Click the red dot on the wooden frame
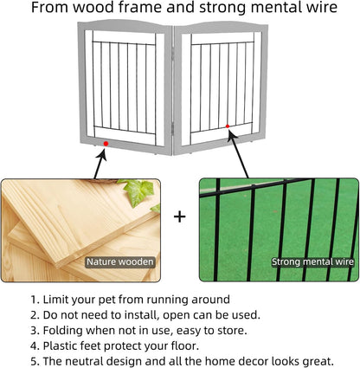click(106, 144)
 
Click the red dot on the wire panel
click(228, 126)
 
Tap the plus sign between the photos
click(180, 216)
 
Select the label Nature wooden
click(120, 261)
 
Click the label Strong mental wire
click(312, 261)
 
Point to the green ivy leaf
click(138, 191)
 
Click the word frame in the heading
click(141, 7)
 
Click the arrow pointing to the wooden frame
click(100, 164)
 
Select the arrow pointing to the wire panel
click(238, 153)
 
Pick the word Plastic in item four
click(60, 345)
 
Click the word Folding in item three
click(63, 331)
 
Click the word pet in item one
click(107, 300)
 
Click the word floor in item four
click(185, 345)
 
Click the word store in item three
click(234, 331)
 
